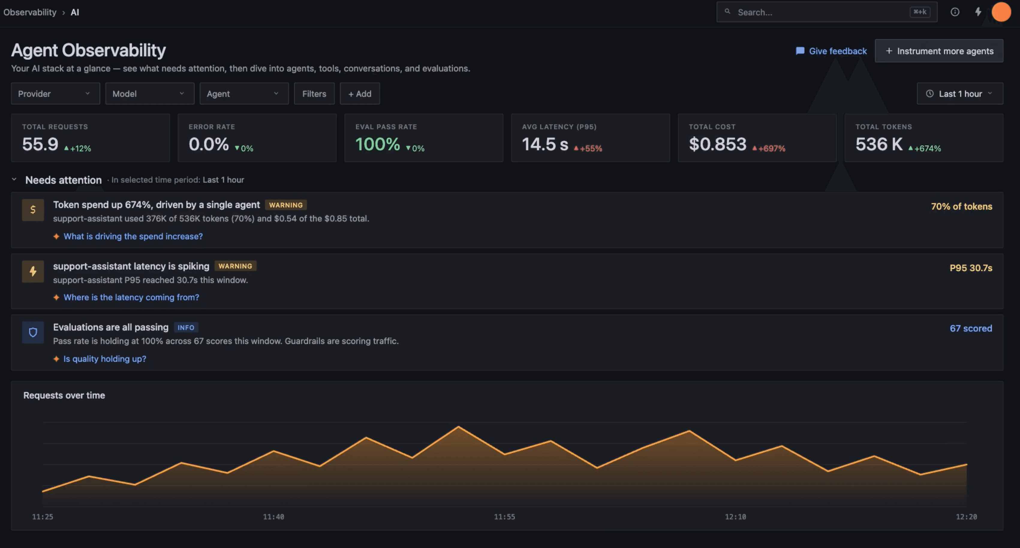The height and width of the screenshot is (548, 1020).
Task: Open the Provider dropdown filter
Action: pos(55,94)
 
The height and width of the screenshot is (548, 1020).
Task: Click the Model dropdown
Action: pos(150,94)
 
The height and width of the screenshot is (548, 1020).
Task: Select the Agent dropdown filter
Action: pos(244,94)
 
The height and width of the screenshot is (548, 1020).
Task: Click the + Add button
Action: pos(359,94)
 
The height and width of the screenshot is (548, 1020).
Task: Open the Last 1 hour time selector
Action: pos(960,94)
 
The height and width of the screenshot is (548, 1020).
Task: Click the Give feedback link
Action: pos(831,51)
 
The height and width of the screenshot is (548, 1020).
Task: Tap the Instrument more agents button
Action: pos(939,51)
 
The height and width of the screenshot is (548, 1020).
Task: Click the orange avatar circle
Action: pos(1001,12)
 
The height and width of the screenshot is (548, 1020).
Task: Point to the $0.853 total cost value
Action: pos(717,144)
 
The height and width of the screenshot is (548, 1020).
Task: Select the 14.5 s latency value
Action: pos(545,144)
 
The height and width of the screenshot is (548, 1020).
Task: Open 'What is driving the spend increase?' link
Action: pos(133,236)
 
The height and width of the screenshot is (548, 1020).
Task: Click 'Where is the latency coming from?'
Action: pos(131,297)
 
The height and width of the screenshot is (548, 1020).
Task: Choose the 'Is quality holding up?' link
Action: pos(105,359)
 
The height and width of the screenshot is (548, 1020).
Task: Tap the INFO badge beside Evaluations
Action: pos(186,327)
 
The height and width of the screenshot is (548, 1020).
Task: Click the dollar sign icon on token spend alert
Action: pos(33,209)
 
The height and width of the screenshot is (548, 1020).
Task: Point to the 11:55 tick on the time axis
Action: pos(505,517)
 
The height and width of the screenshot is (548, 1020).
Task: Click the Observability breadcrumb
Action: pos(30,12)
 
